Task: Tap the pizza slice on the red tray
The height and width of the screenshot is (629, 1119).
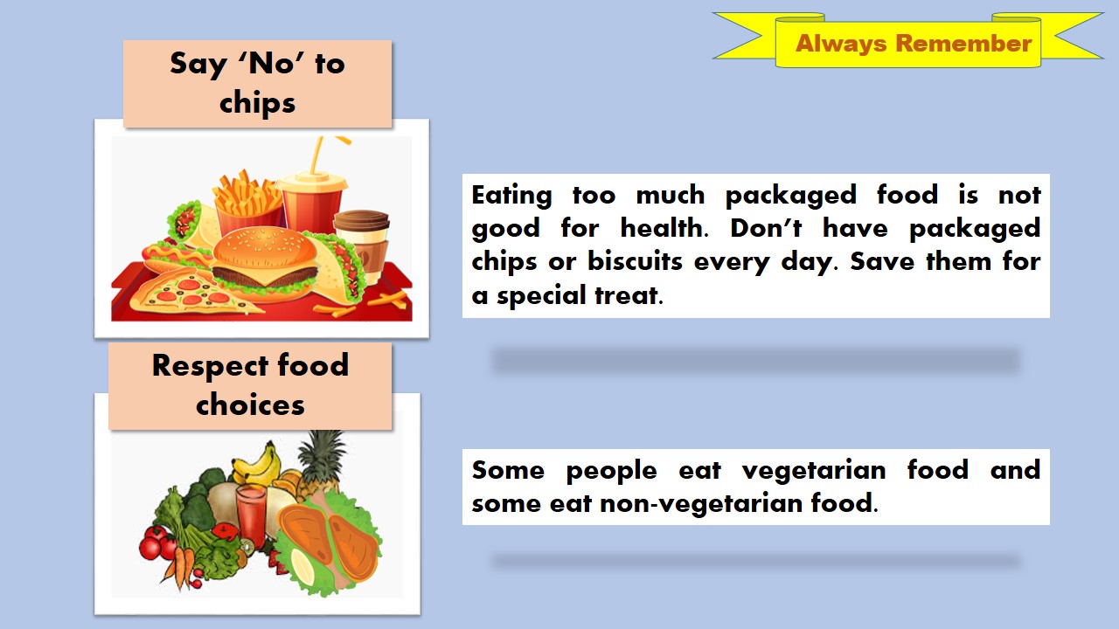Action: pyautogui.click(x=188, y=294)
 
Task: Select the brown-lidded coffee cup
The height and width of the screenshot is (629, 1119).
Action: pyautogui.click(x=361, y=240)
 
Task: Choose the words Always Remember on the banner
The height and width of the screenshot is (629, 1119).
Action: pyautogui.click(x=914, y=44)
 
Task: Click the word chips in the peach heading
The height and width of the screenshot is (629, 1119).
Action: pyautogui.click(x=257, y=102)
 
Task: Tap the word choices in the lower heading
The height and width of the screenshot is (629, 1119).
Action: pyautogui.click(x=250, y=404)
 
